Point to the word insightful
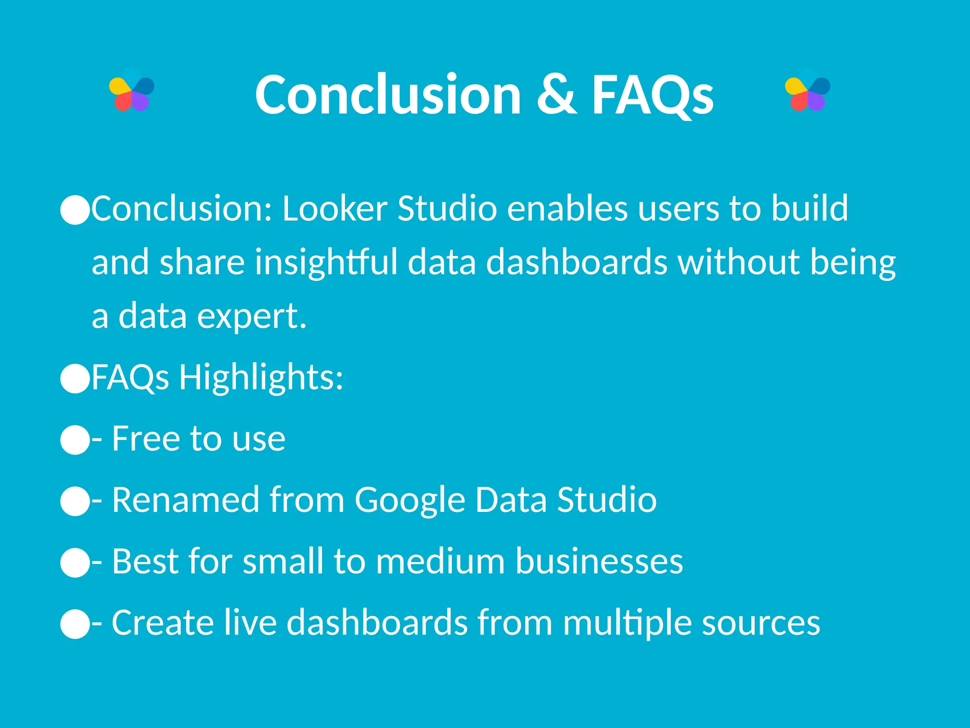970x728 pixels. (x=326, y=262)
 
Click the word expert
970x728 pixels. (x=251, y=317)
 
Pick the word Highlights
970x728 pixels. (x=261, y=378)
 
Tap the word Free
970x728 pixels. (x=145, y=439)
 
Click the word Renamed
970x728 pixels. (x=186, y=500)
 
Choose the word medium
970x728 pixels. (x=440, y=562)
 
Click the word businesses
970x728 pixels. (x=599, y=562)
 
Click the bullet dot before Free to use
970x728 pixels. (x=75, y=440)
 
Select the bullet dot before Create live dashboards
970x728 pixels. (x=75, y=624)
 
